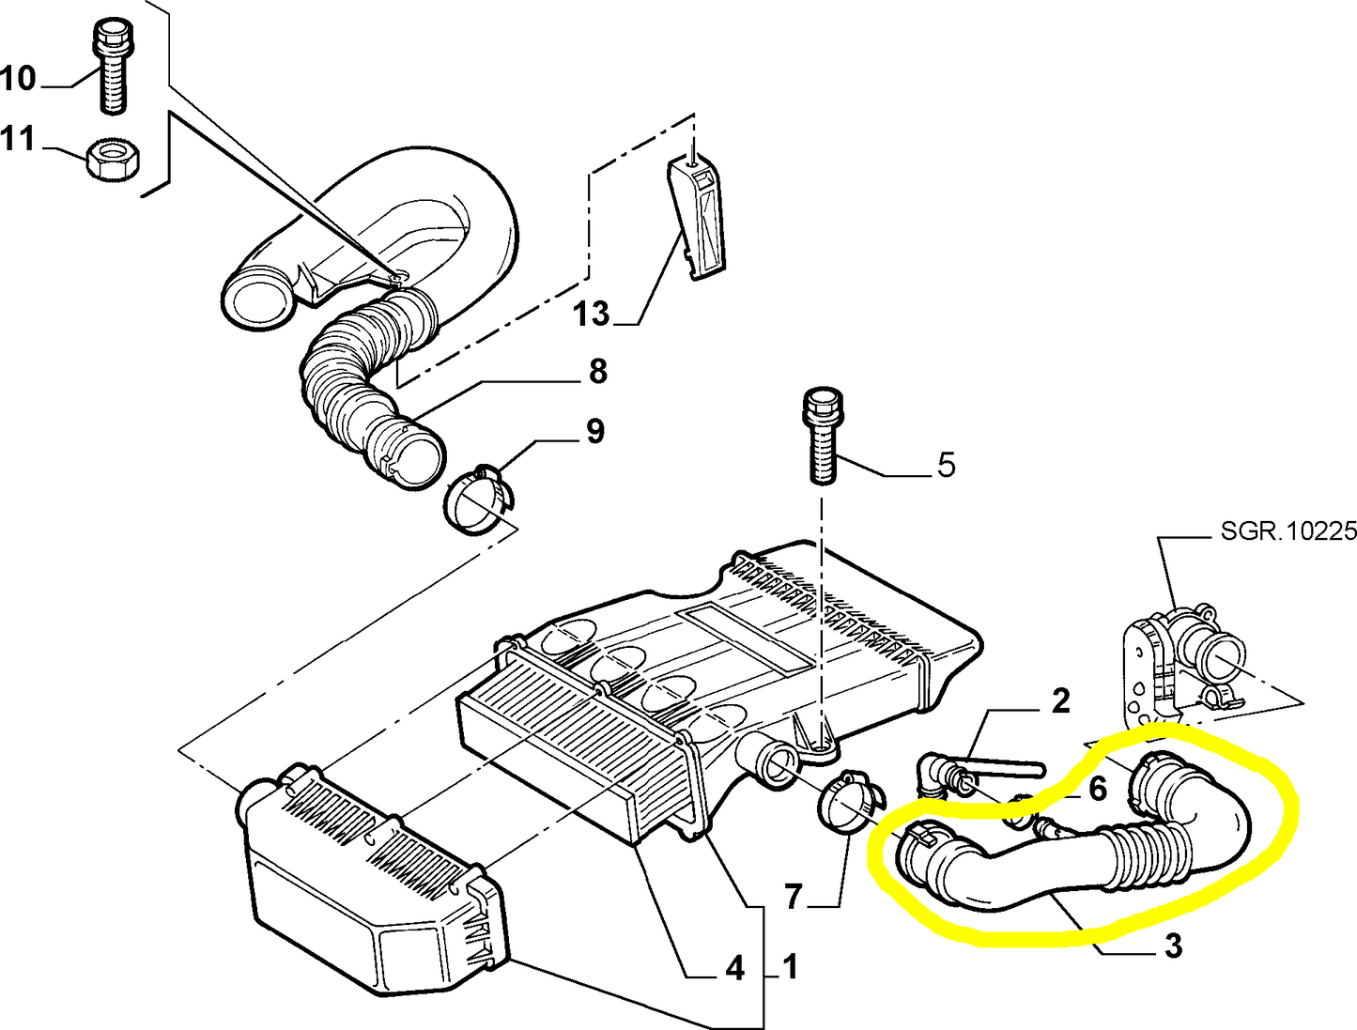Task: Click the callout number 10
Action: (18, 79)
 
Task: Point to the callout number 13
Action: (592, 314)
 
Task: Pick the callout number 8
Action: (598, 372)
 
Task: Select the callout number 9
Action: (594, 431)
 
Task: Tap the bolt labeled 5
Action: (823, 437)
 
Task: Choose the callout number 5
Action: (946, 464)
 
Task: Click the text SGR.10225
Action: (1288, 530)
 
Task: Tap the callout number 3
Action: (1173, 945)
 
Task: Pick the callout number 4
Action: (734, 968)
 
